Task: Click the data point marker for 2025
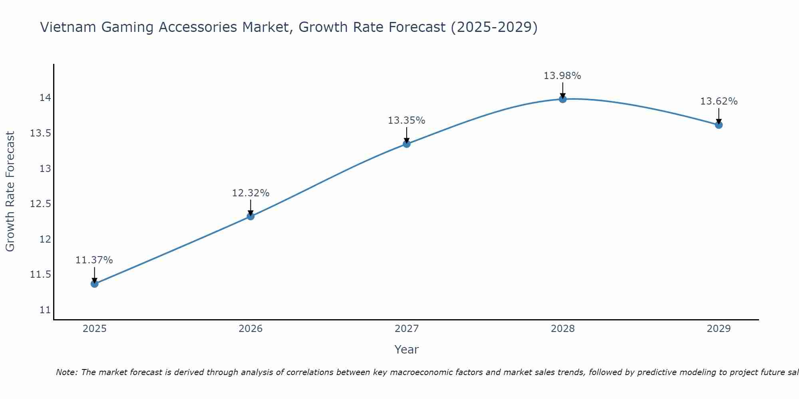tap(95, 284)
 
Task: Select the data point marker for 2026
tap(250, 216)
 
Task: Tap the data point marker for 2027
tap(407, 144)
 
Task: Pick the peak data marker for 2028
tap(562, 99)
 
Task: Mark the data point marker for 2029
tap(719, 125)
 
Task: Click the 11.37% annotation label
tap(94, 260)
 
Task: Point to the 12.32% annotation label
tap(250, 193)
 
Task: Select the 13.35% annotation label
tap(407, 120)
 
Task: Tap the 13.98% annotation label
tap(562, 76)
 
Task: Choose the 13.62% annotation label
tap(719, 101)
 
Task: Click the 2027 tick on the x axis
tap(407, 329)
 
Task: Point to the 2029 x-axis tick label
tap(719, 329)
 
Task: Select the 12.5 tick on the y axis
tap(41, 204)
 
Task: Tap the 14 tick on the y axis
tap(45, 98)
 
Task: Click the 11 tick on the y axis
tap(45, 310)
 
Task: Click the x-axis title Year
tap(406, 350)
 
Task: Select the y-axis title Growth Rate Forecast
tap(10, 192)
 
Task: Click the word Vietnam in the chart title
tap(68, 27)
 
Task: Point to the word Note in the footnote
tap(66, 372)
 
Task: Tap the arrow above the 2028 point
tap(562, 90)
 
